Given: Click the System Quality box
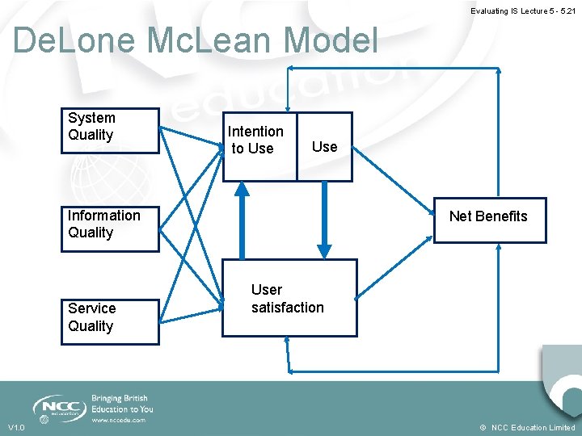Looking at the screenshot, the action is [x=110, y=130].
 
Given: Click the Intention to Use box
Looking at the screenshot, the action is [x=259, y=146].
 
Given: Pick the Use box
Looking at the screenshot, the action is [x=324, y=146].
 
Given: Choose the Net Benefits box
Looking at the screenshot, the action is [x=487, y=220].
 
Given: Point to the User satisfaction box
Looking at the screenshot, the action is [x=289, y=297].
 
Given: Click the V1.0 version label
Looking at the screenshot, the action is [x=16, y=427].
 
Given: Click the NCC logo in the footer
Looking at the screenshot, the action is [x=59, y=406].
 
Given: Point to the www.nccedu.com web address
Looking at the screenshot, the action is [x=118, y=420].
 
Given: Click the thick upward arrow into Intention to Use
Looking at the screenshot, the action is [x=241, y=218].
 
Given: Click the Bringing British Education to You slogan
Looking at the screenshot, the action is [x=122, y=404].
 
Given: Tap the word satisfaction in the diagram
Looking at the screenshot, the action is [x=287, y=308].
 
